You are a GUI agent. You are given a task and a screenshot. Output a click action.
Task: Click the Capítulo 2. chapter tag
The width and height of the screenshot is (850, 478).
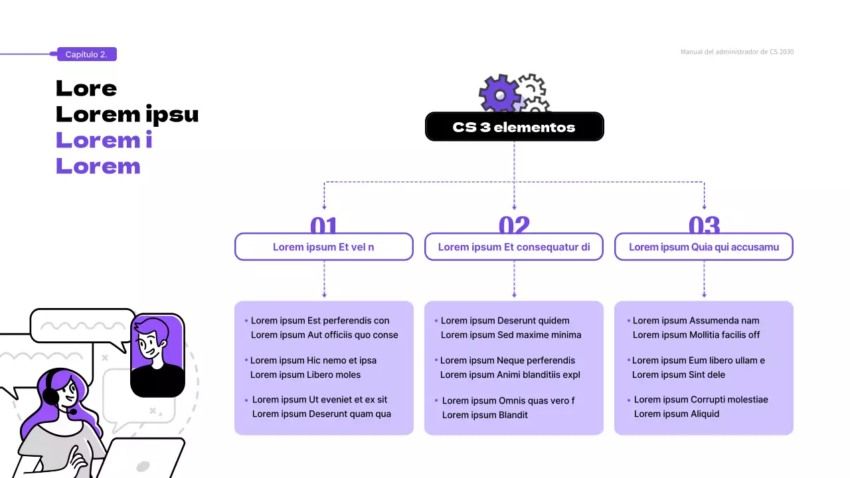pos(86,54)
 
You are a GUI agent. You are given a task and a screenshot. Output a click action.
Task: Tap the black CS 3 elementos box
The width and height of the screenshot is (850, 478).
pos(514,127)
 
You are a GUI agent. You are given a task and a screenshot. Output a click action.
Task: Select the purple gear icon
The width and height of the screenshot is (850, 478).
pos(499,94)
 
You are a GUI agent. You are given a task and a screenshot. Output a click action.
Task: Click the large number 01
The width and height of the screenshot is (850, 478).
pos(324,226)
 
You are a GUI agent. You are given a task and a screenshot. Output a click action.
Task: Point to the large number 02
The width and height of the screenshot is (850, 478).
pos(514,226)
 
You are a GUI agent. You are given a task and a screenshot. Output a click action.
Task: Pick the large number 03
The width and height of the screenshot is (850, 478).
pos(704,226)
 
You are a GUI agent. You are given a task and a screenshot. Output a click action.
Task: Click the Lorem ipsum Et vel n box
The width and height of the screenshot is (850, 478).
pos(324,247)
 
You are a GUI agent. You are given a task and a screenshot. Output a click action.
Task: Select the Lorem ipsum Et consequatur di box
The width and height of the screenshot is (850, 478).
pos(514,247)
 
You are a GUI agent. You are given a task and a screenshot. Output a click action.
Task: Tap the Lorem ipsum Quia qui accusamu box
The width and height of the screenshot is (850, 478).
pos(704,247)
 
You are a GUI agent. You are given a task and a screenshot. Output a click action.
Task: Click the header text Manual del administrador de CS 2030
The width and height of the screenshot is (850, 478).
pos(736,52)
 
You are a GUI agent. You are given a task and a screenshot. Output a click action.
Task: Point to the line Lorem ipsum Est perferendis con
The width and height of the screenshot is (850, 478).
pos(320,321)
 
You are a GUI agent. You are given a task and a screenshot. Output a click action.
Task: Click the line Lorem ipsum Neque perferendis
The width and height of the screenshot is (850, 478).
pos(507,360)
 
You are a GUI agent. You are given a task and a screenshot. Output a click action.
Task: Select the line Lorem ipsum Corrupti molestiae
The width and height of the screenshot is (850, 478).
pos(701,400)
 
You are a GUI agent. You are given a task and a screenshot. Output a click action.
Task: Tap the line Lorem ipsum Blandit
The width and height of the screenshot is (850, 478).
pos(485,415)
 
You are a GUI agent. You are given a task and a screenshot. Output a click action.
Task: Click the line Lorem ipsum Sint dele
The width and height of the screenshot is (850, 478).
pos(678,375)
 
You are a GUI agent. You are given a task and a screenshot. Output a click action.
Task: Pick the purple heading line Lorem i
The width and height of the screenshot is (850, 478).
pos(104,140)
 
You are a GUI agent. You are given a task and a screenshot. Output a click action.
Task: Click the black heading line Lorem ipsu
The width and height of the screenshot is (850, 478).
pos(127,114)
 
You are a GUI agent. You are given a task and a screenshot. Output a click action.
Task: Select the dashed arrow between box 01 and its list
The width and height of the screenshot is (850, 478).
pos(324,279)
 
